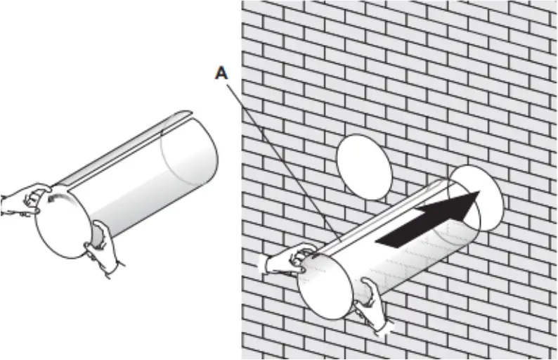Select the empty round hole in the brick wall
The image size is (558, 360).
point(363,166)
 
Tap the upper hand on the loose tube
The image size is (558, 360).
point(28,199)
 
